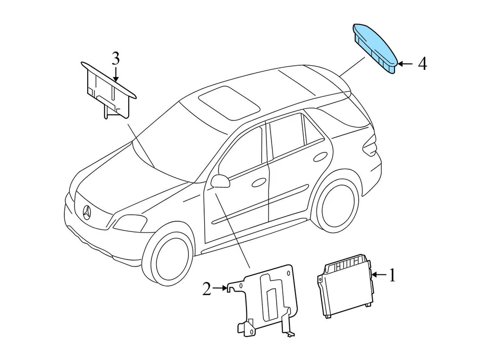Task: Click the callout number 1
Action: (x=392, y=276)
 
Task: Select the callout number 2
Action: (x=206, y=290)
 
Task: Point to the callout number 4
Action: (x=422, y=64)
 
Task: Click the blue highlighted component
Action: (x=376, y=48)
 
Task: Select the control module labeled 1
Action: (x=345, y=289)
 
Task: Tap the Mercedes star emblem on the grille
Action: (x=87, y=212)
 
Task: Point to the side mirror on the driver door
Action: (x=220, y=181)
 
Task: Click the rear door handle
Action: (x=321, y=157)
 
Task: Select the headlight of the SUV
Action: (x=130, y=223)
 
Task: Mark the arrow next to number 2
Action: (x=220, y=289)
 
